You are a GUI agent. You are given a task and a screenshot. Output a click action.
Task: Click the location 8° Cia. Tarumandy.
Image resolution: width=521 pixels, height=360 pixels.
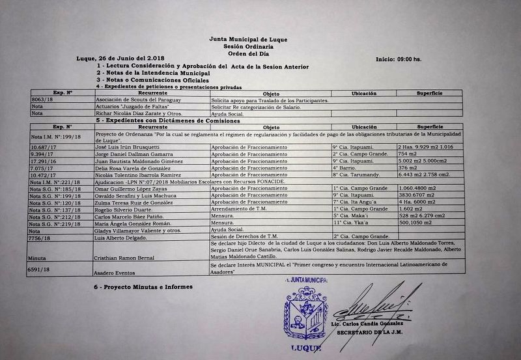pos(356,174)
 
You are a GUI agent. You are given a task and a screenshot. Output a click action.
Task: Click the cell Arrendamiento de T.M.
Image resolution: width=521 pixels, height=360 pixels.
pos(241,208)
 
